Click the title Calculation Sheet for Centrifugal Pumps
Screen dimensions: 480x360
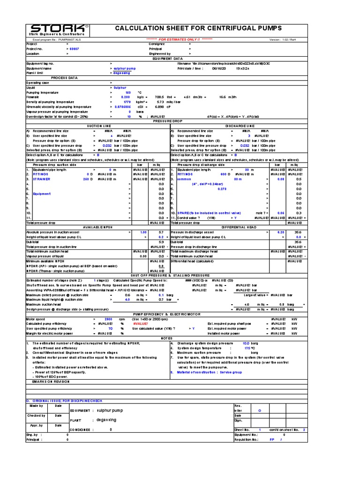pyautogui.click(x=198, y=29)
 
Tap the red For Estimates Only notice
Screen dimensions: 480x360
pyautogui.click(x=180, y=40)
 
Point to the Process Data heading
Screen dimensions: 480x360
pyautogui.click(x=64, y=77)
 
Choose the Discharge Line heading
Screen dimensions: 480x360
pyautogui.click(x=240, y=126)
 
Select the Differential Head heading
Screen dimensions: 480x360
pyautogui.click(x=239, y=227)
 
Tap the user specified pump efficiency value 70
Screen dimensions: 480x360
pyautogui.click(x=111, y=329)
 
